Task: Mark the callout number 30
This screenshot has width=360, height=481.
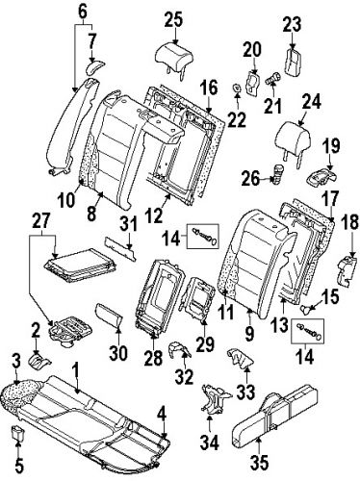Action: coord(118,353)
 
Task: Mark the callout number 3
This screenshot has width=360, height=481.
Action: coord(15,360)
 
